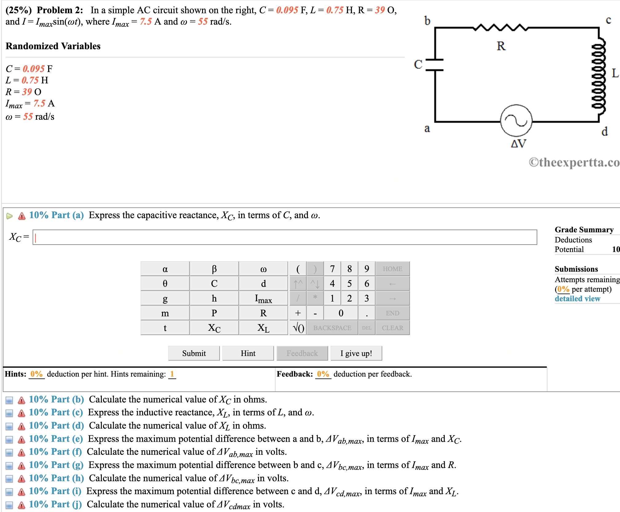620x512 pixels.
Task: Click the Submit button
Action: click(194, 353)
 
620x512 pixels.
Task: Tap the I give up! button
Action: click(356, 353)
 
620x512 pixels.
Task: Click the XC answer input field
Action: click(284, 237)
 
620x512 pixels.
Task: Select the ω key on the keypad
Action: click(263, 269)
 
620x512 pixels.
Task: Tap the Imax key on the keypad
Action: click(263, 298)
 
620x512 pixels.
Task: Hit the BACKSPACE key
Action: click(332, 328)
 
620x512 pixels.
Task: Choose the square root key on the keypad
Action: click(298, 328)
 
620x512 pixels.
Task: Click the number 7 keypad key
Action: click(332, 269)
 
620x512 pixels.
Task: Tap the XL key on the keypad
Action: click(263, 328)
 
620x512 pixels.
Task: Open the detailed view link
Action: click(577, 298)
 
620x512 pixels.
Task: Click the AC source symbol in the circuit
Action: click(516, 121)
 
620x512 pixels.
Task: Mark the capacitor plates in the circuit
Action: click(435, 65)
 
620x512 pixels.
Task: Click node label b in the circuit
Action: click(427, 21)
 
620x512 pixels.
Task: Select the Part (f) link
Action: click(55, 452)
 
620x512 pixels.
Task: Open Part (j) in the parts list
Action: click(55, 504)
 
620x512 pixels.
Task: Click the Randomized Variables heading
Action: click(53, 46)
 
